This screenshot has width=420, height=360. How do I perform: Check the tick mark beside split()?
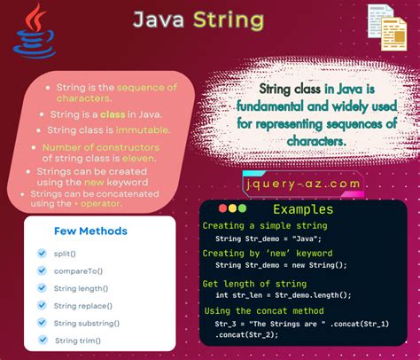tap(41, 254)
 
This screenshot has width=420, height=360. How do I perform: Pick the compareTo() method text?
tap(80, 270)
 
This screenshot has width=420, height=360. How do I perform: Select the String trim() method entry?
tap(78, 340)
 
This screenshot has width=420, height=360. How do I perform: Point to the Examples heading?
tap(303, 209)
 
